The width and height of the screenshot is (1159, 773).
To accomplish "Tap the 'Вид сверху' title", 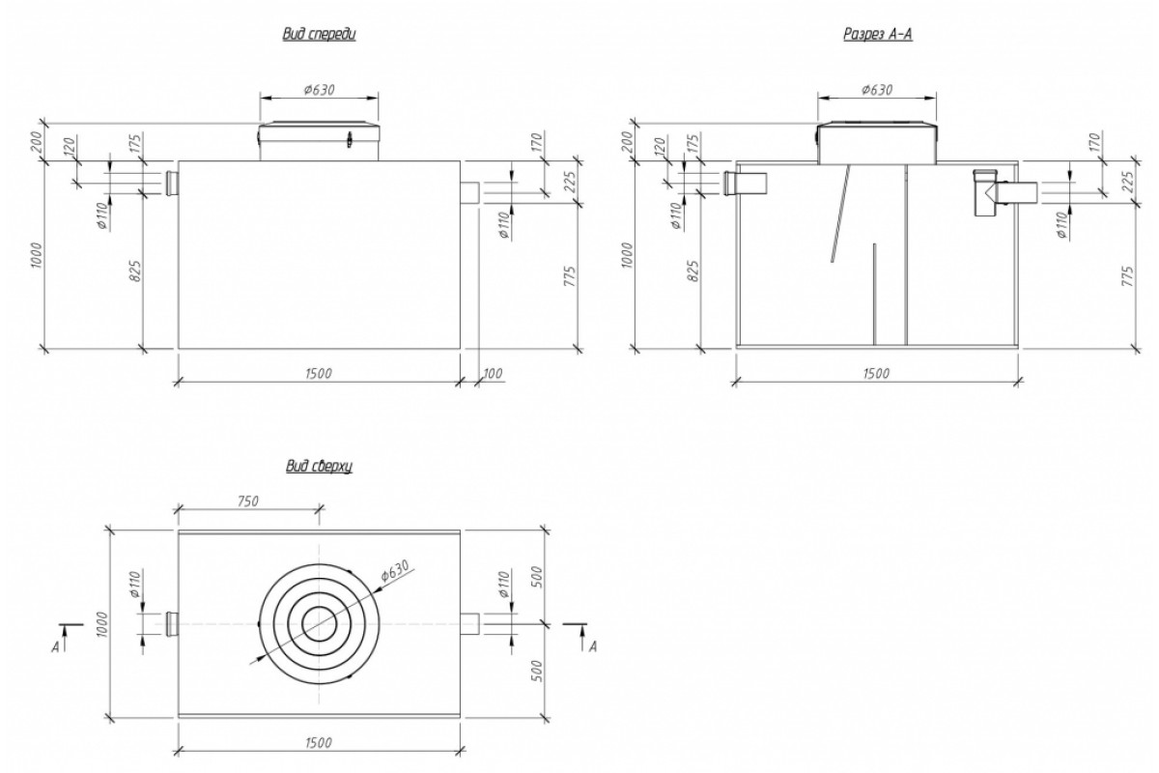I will pyautogui.click(x=319, y=467).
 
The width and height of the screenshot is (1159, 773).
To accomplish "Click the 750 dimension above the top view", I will pyautogui.click(x=248, y=501).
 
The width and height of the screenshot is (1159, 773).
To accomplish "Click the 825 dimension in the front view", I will pyautogui.click(x=135, y=271).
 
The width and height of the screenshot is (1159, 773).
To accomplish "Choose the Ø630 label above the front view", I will pyautogui.click(x=319, y=89).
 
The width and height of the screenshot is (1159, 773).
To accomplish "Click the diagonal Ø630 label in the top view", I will pyautogui.click(x=398, y=572).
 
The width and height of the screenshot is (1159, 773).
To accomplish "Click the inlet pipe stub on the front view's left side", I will pyautogui.click(x=172, y=182).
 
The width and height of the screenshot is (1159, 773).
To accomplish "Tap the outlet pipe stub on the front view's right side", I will pyautogui.click(x=470, y=192).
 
